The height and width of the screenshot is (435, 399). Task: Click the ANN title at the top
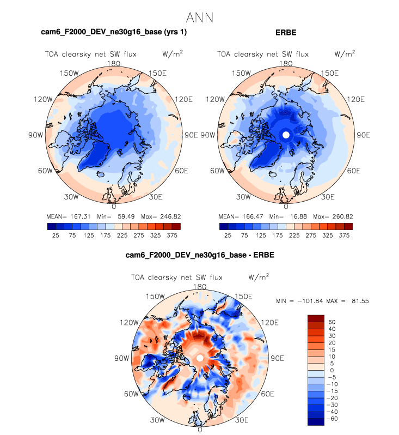[x=199, y=17]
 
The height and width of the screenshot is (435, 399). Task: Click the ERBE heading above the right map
[x=285, y=32]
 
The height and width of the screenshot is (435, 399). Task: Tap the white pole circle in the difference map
[x=200, y=358]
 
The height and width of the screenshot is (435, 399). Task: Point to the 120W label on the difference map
[x=130, y=322]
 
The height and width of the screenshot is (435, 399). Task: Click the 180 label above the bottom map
[x=200, y=287]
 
